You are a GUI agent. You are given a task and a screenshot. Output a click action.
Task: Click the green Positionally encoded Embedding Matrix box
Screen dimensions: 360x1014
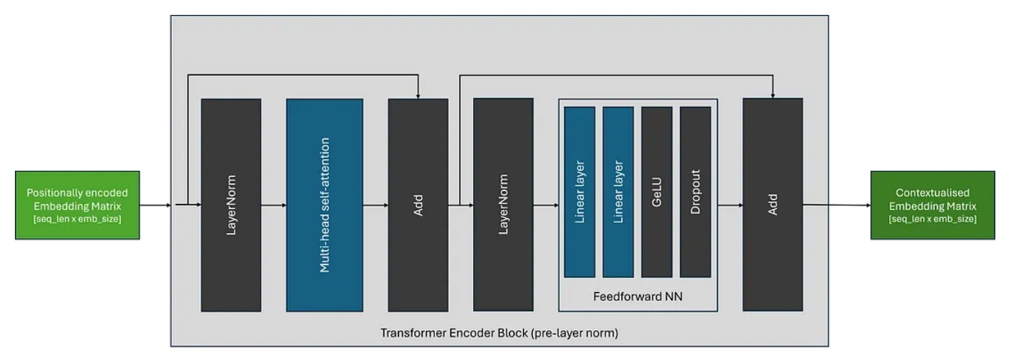77,205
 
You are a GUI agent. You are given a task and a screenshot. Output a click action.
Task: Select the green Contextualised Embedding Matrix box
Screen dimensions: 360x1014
933,205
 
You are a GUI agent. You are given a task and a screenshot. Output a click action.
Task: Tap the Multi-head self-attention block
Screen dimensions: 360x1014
324,205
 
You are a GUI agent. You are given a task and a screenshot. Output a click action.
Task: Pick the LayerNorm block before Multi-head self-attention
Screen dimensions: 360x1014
231,205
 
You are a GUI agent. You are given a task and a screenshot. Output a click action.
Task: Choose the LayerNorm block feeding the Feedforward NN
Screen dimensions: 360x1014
503,205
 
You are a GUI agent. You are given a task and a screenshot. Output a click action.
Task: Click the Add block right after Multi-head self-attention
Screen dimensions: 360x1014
418,205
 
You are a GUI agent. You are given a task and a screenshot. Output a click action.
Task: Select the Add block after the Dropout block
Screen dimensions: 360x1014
773,205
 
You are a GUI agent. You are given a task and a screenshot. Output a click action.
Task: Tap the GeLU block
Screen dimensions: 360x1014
657,192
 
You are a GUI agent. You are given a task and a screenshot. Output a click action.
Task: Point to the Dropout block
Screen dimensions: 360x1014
695,192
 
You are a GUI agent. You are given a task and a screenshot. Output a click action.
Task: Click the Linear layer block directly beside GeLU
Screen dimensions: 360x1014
618,192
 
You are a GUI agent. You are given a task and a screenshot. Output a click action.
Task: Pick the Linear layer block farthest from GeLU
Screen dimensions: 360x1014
580,192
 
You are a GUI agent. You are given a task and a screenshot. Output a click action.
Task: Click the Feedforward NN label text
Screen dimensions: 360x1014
637,297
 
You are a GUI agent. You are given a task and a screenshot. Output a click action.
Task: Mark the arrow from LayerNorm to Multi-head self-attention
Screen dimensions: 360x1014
273,205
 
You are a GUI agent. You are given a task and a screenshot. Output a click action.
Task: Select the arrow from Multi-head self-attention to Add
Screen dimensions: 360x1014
375,205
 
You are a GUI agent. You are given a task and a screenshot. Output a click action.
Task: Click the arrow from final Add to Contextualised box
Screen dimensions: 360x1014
836,205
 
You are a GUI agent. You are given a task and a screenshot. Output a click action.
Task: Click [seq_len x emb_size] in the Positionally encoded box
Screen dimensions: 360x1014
77,217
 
